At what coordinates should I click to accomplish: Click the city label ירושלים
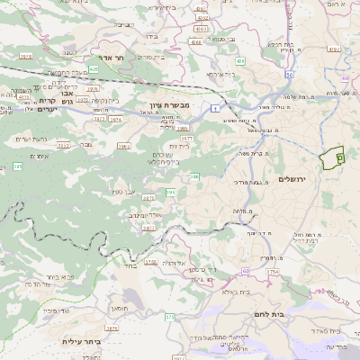(293, 179)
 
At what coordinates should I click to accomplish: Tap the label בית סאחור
(321, 331)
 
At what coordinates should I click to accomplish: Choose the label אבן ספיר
(124, 191)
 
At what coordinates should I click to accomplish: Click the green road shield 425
(94, 68)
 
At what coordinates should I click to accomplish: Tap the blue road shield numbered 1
(217, 108)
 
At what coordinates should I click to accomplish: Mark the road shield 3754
(274, 270)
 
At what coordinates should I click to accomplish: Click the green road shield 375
(168, 317)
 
